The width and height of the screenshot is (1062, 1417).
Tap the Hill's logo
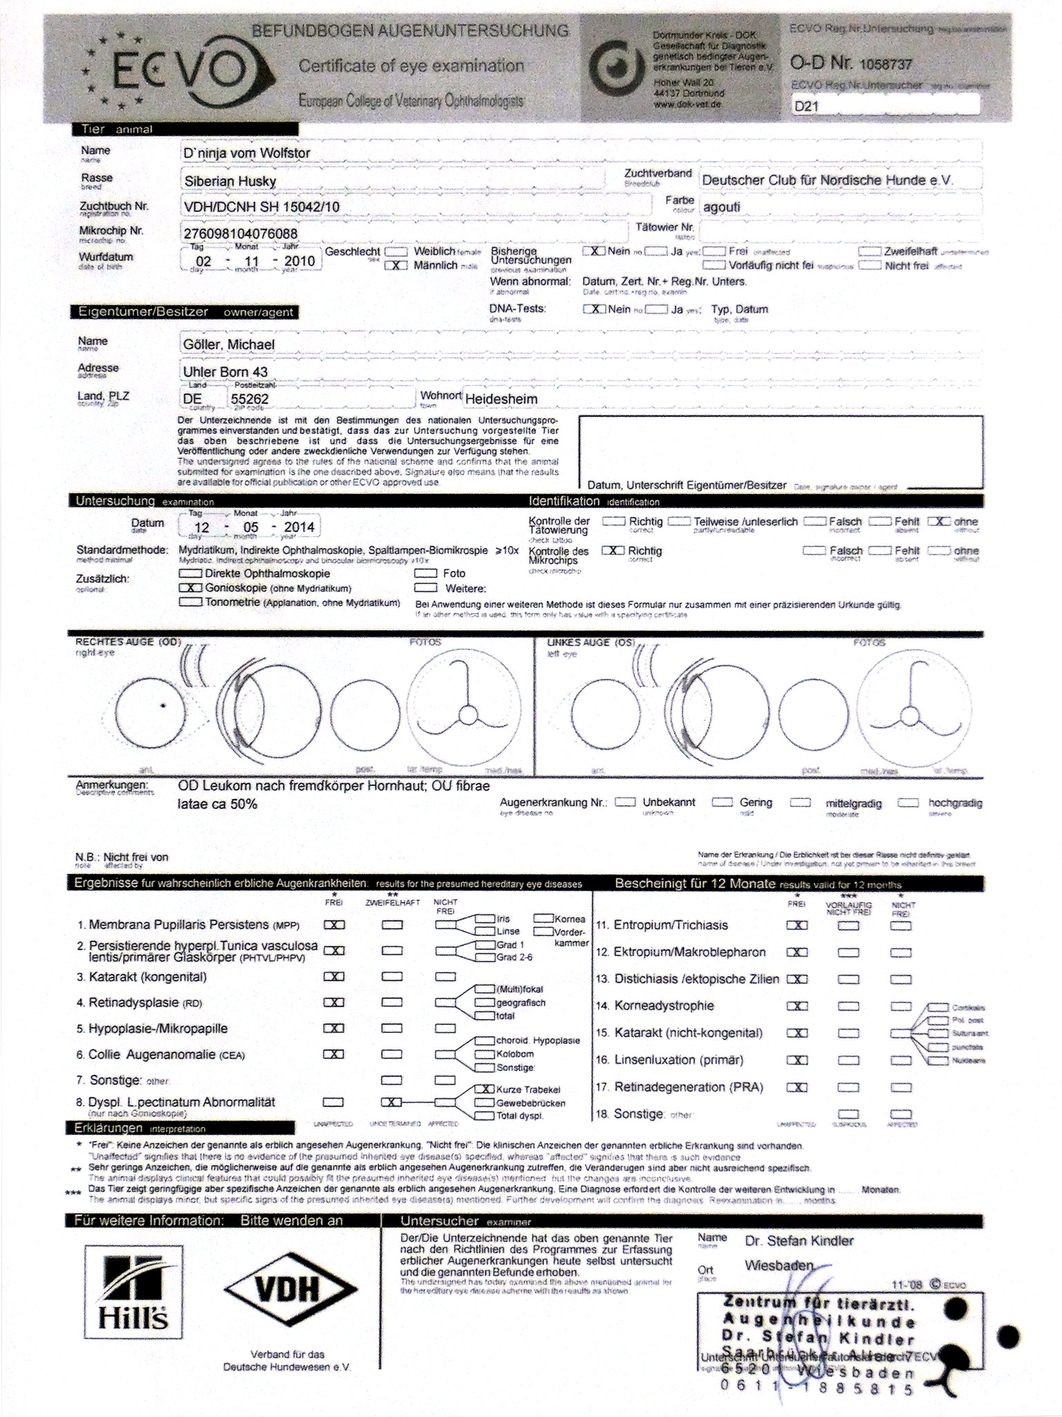click(x=133, y=1292)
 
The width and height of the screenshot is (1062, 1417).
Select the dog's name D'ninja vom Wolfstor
click(x=246, y=153)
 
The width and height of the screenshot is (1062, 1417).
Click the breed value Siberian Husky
click(x=230, y=181)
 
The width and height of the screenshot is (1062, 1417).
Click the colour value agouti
click(x=721, y=207)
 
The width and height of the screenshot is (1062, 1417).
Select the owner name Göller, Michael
click(x=229, y=345)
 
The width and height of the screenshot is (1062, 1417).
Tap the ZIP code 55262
click(x=250, y=399)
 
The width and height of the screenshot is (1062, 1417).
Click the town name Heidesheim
click(x=501, y=399)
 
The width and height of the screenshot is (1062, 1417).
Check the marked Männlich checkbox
click(x=395, y=265)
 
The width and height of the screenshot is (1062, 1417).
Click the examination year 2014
click(x=299, y=527)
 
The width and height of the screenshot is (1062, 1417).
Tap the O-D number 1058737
click(x=886, y=64)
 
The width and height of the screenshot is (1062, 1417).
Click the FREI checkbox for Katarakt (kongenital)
click(x=334, y=976)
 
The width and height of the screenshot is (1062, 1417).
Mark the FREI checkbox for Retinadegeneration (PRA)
click(x=797, y=1087)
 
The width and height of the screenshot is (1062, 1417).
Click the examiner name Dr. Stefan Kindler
click(x=799, y=1241)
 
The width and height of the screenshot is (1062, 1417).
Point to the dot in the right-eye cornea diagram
click(x=163, y=706)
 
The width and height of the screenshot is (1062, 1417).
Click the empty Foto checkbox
click(x=426, y=574)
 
